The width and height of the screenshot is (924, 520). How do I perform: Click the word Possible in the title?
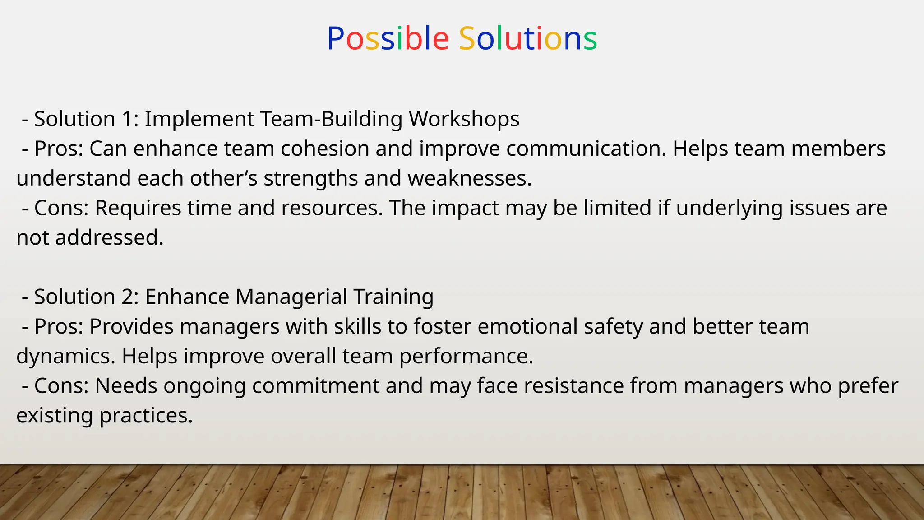(388, 38)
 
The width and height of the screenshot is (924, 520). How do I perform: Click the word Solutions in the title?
(528, 38)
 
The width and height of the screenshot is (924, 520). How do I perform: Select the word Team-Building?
(331, 119)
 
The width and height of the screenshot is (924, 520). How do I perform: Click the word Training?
(393, 297)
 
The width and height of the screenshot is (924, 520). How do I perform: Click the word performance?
(466, 357)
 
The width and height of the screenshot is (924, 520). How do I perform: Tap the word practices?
(146, 416)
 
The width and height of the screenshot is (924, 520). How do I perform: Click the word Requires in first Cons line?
(138, 209)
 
